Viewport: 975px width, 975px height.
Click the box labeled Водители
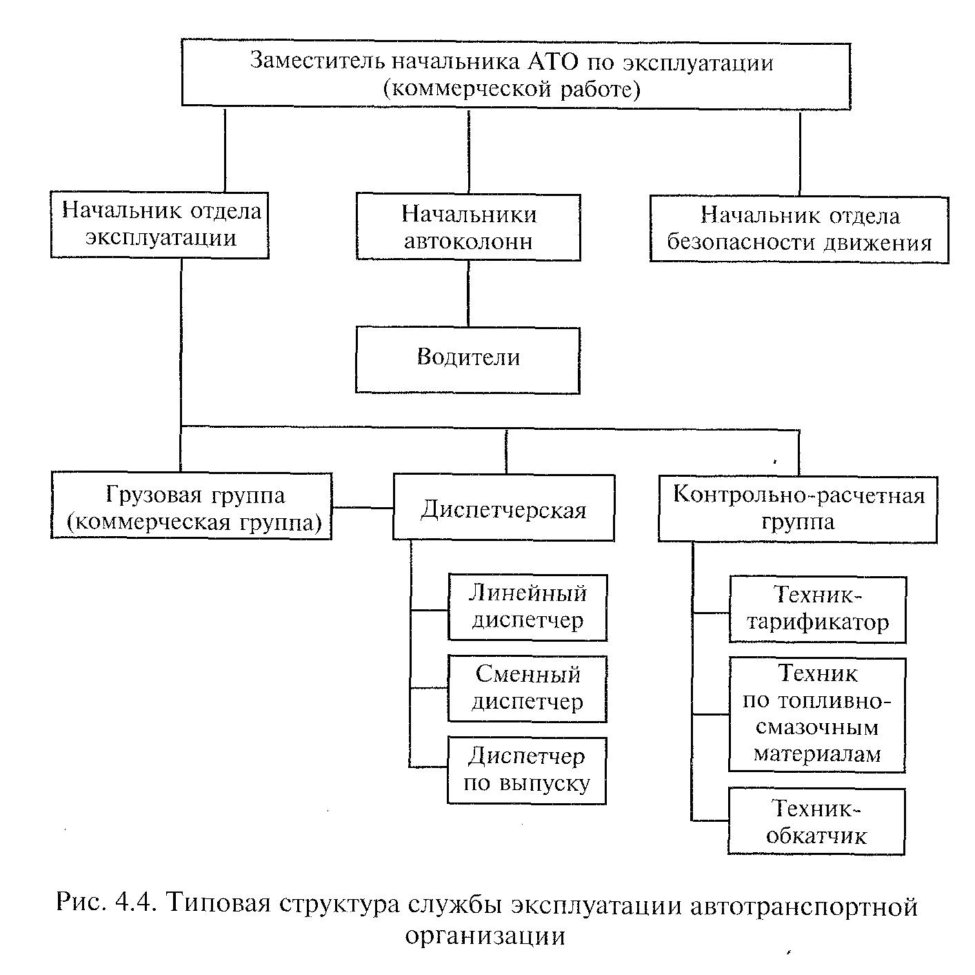[x=468, y=360]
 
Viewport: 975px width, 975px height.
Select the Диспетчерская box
[x=504, y=507]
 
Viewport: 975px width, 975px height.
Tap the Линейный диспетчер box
[x=527, y=607]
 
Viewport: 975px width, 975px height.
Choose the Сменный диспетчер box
[x=527, y=689]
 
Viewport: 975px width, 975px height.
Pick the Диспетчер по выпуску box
[x=527, y=770]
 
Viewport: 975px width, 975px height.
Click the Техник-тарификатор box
[x=818, y=609]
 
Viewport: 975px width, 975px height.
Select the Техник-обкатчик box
[x=816, y=821]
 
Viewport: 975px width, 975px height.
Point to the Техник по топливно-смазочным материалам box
[x=817, y=715]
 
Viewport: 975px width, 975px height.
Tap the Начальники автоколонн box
[x=468, y=227]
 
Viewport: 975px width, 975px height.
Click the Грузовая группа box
[x=192, y=506]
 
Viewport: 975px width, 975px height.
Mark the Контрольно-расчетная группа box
[x=798, y=509]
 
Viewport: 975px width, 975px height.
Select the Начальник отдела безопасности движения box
[x=799, y=230]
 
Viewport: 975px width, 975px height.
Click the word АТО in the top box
[x=553, y=62]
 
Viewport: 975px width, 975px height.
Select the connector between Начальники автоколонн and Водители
[x=468, y=294]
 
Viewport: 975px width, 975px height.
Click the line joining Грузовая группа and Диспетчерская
[x=363, y=507]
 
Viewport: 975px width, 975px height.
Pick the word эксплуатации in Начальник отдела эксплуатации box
[x=161, y=238]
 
